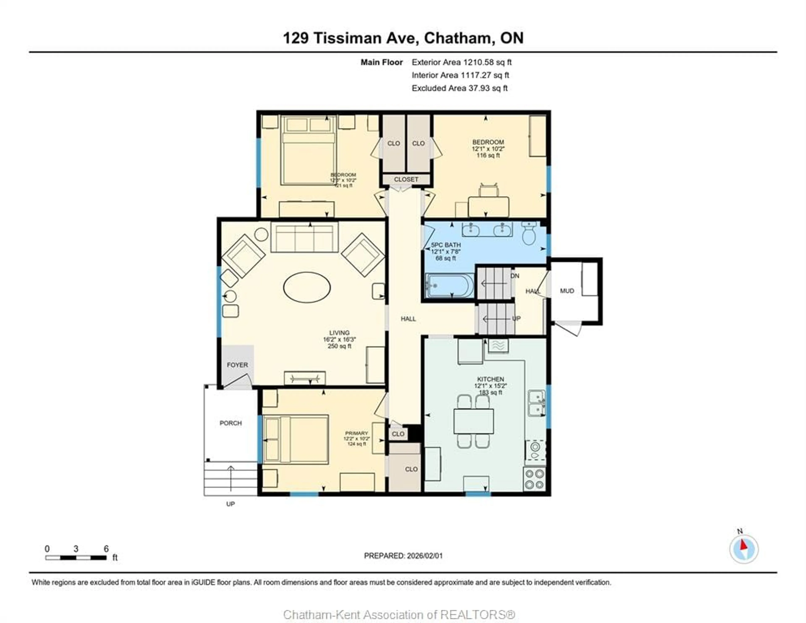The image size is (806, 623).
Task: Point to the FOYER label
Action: tap(237, 365)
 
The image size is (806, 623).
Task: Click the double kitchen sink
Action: tap(536, 403)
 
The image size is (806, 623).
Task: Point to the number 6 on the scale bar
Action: tap(106, 549)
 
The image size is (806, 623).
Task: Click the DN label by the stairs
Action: tap(515, 276)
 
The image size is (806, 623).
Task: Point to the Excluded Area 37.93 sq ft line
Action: tap(459, 88)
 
